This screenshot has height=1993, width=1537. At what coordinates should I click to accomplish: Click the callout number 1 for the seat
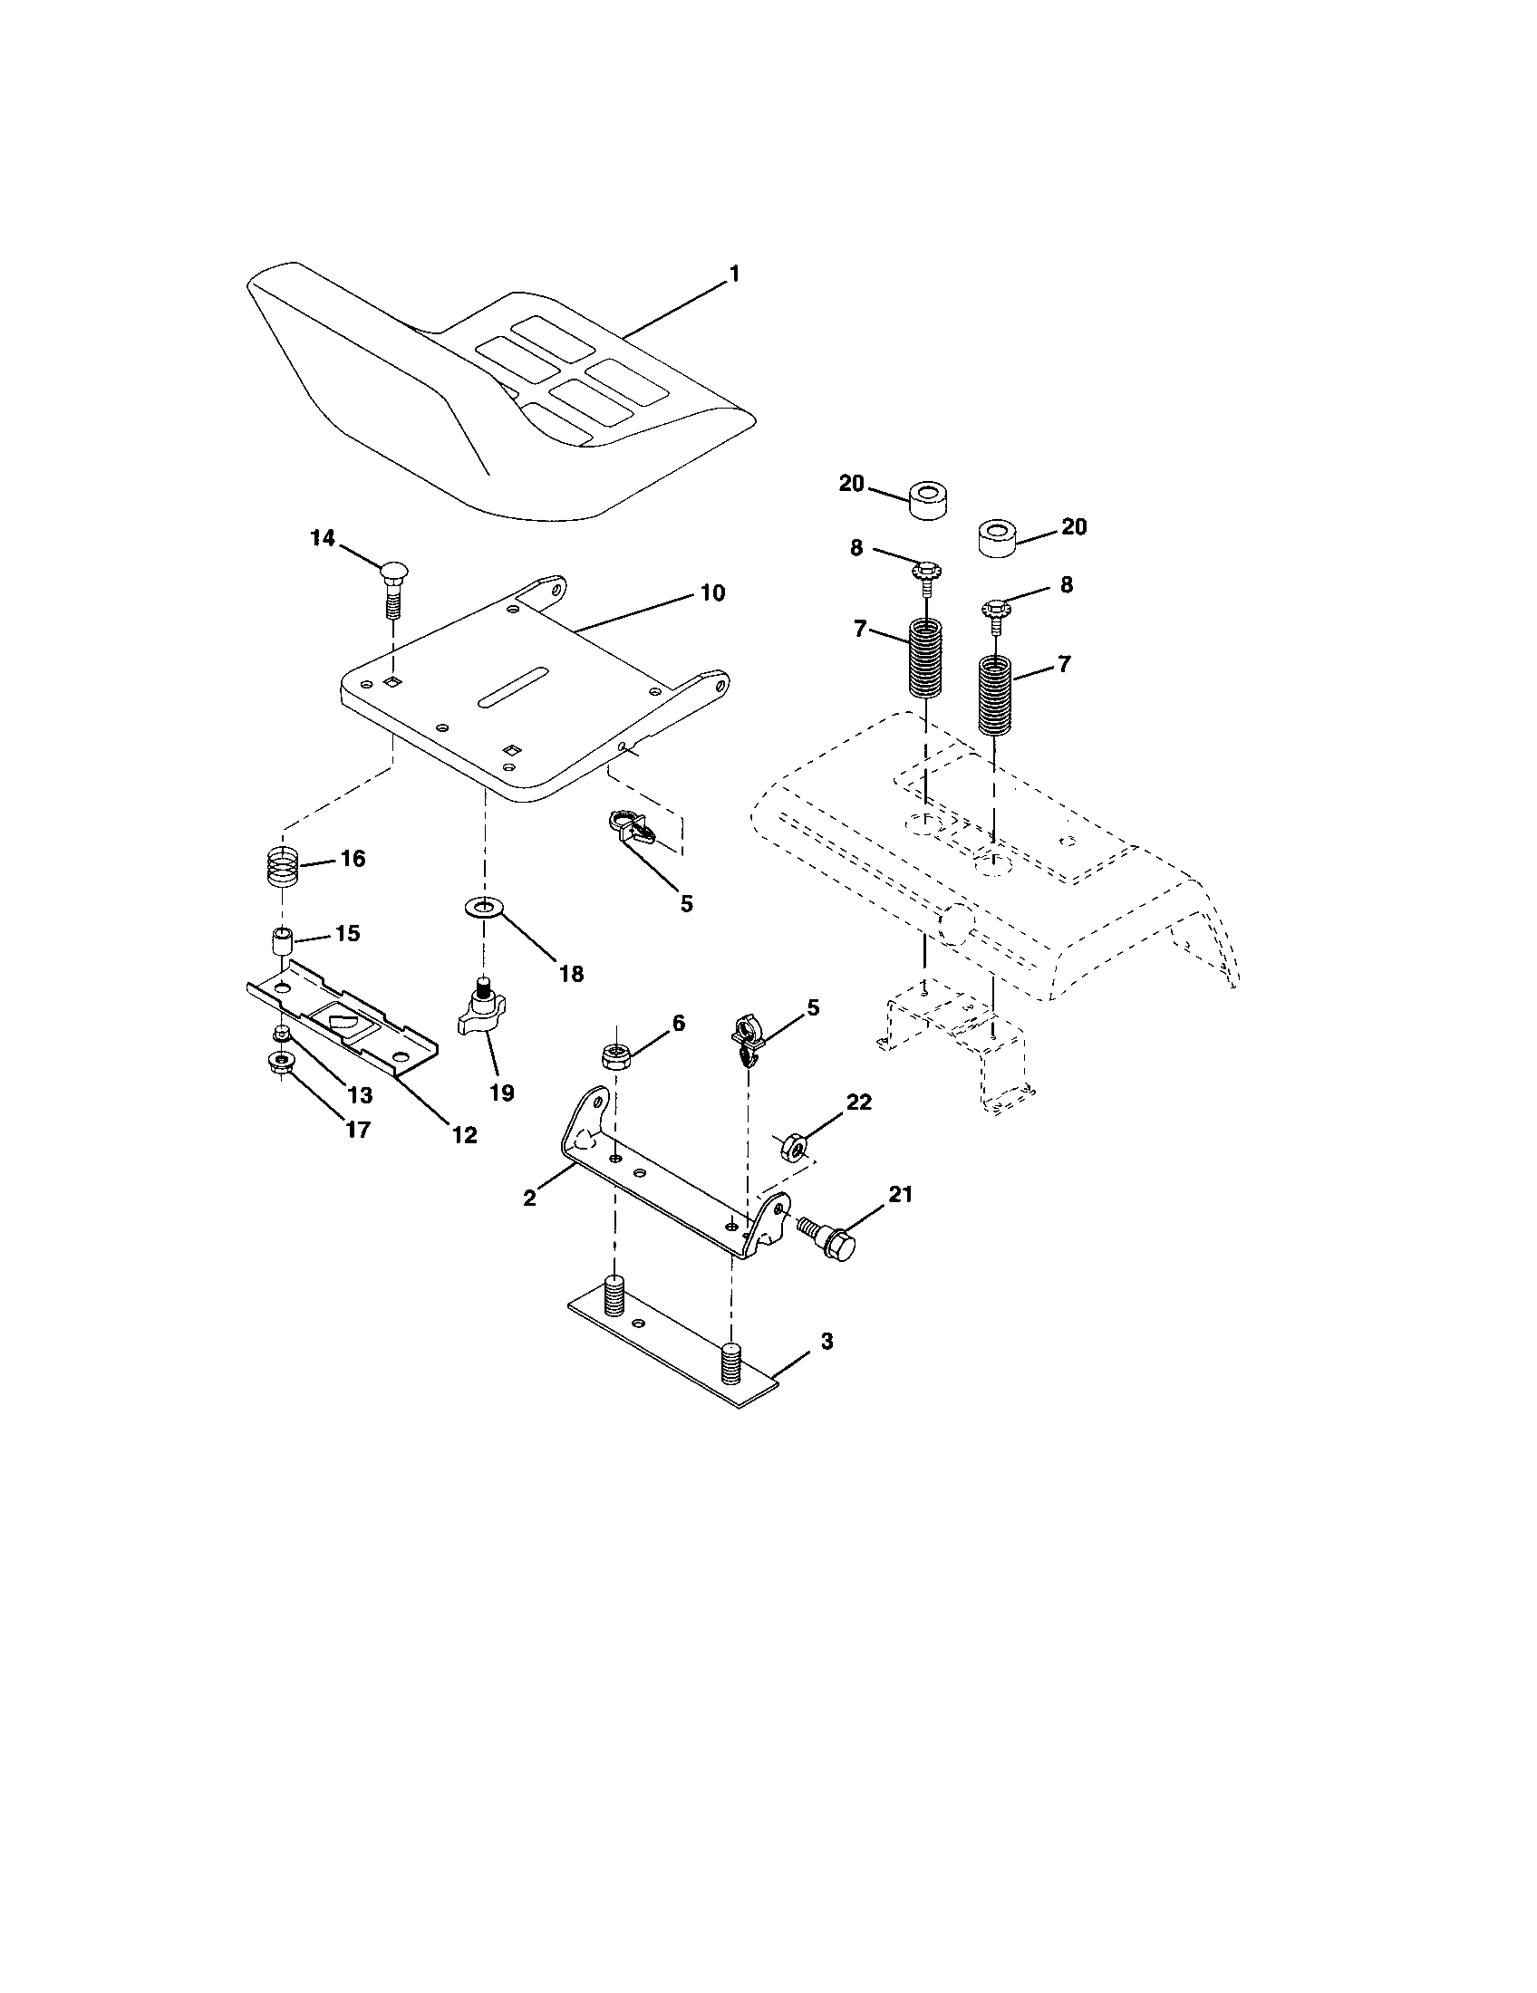(x=734, y=273)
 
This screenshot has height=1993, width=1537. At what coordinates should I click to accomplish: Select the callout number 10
(x=712, y=593)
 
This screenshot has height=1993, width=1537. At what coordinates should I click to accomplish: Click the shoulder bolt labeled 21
(x=828, y=1237)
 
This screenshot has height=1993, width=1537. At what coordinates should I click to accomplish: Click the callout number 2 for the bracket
(x=530, y=1199)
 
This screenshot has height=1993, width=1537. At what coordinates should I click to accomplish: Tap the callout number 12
(x=465, y=1134)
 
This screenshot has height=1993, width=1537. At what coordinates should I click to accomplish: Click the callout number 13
(x=361, y=1093)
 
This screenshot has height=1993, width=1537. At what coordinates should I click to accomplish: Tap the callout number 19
(x=502, y=1093)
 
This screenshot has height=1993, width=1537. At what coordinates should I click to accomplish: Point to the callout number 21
(x=900, y=1195)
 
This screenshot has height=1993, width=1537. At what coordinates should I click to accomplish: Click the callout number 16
(x=353, y=858)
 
